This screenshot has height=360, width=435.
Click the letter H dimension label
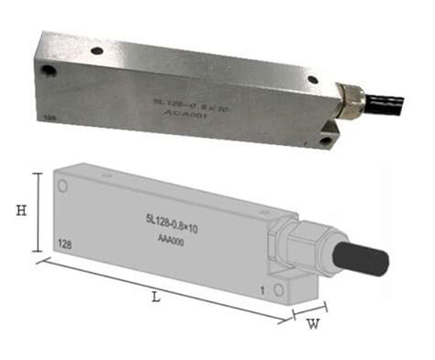[21, 210]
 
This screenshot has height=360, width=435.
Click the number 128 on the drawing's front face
[64, 245]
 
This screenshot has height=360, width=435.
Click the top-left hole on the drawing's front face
[63, 187]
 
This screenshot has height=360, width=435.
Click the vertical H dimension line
[38, 211]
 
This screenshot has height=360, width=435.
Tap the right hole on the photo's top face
[312, 80]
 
